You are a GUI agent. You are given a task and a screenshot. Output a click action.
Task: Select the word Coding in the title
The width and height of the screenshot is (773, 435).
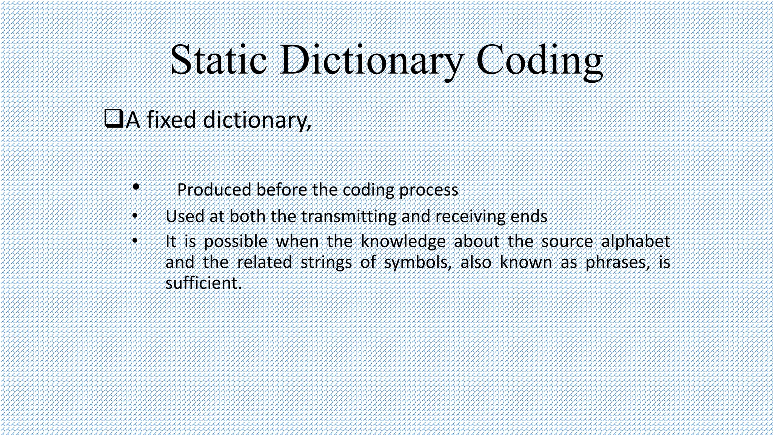click(539, 60)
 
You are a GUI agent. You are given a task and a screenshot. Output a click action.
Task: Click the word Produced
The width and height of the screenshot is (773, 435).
click(214, 190)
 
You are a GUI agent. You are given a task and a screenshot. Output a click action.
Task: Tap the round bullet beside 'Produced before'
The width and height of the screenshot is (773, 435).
click(136, 187)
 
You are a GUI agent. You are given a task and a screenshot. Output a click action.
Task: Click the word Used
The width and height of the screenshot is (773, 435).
click(185, 216)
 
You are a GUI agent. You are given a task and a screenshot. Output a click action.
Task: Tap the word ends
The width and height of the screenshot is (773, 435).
click(529, 217)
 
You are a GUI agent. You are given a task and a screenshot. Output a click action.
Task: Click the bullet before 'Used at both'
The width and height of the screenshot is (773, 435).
click(135, 216)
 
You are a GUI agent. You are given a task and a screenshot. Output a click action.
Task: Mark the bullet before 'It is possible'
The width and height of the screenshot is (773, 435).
click(135, 241)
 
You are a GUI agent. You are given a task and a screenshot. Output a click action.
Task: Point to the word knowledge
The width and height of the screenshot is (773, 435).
click(403, 242)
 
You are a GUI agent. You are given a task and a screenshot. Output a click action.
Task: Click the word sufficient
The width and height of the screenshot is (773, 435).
click(203, 283)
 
